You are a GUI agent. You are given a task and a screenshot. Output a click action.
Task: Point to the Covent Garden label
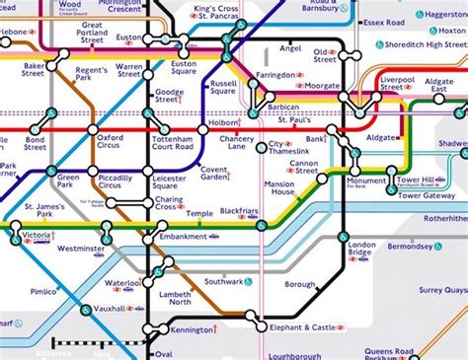click(215, 172)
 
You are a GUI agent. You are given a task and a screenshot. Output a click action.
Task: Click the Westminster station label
click(79, 250)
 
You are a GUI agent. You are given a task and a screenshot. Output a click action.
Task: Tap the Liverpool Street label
click(397, 82)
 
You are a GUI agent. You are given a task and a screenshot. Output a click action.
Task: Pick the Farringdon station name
click(276, 75)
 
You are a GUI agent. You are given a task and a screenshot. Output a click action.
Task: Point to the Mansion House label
click(280, 188)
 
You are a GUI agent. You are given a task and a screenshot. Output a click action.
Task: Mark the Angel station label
click(290, 47)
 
